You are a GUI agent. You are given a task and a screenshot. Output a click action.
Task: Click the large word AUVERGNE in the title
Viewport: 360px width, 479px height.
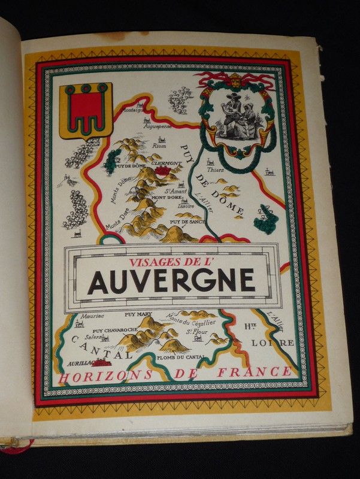click(x=171, y=280)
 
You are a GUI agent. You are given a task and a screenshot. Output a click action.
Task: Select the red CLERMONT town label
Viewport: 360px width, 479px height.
click(x=166, y=163)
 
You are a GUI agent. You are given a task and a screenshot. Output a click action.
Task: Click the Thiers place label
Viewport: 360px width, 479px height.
click(x=216, y=169)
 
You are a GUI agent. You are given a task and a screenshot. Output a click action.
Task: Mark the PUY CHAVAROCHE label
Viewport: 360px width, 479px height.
click(x=114, y=330)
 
